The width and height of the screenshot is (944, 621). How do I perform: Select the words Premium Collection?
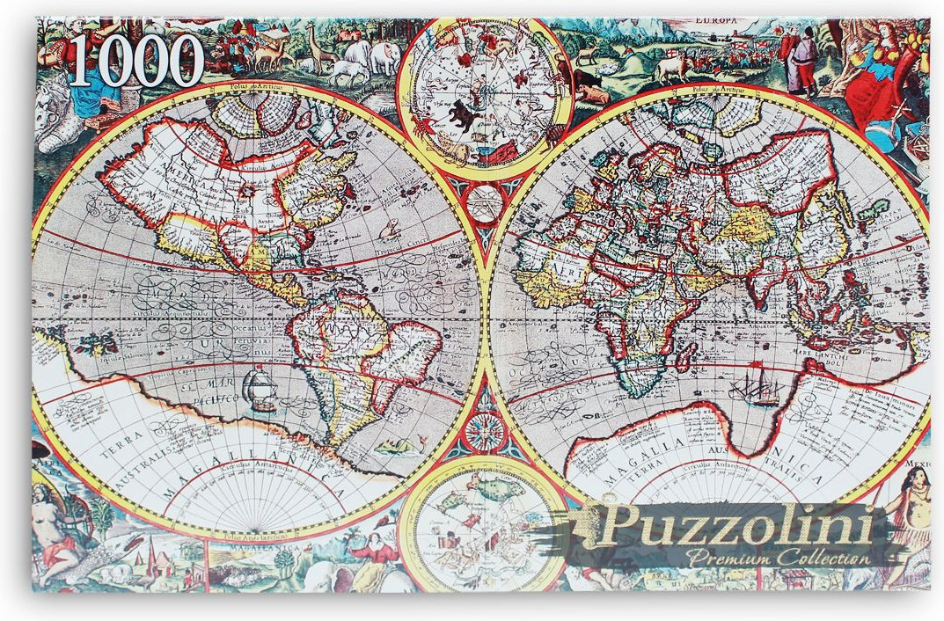point(779,557)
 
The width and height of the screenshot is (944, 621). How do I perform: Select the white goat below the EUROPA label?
point(669,70)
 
